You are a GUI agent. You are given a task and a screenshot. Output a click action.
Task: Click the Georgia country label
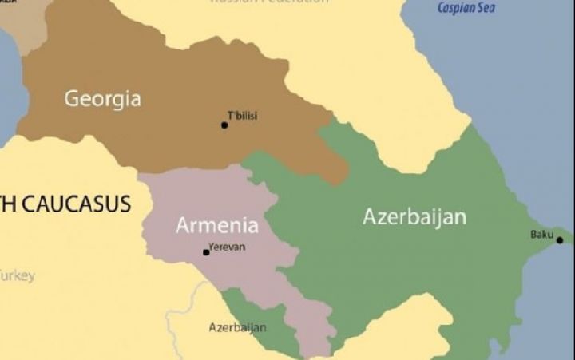[x=102, y=99]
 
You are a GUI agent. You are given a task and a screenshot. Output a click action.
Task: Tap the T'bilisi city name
[x=243, y=117]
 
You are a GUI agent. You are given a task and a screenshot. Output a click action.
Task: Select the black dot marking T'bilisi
[x=225, y=125]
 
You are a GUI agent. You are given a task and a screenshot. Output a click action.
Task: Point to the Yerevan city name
[x=227, y=247]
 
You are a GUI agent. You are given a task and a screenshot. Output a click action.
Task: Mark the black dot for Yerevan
[x=206, y=252]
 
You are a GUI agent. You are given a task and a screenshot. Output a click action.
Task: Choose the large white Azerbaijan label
[x=414, y=216]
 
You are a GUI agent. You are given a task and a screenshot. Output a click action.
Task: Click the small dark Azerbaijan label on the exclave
[x=237, y=327]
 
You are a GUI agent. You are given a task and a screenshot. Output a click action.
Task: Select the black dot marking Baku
[x=559, y=240]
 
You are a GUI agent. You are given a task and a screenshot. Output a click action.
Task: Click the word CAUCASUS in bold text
[x=76, y=204]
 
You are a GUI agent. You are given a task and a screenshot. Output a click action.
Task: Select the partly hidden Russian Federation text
[x=268, y=2]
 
